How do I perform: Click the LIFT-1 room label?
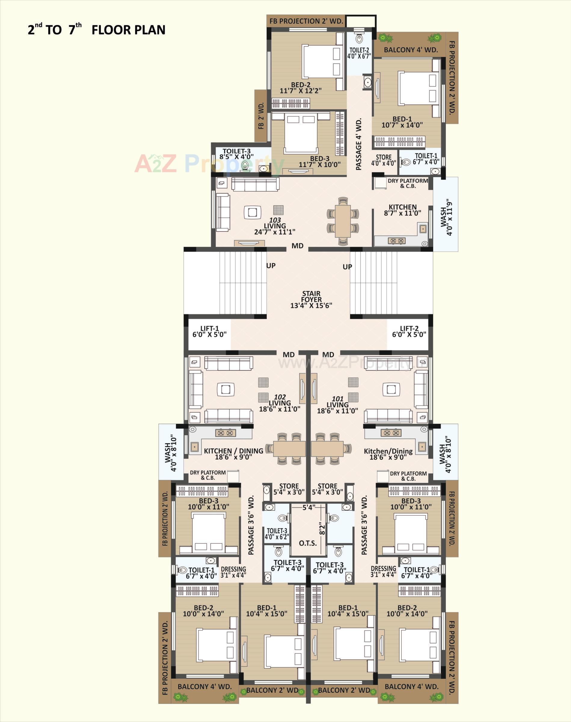coord(210,332)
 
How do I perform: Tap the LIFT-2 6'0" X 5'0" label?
coord(409,332)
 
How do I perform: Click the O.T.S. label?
coord(308,543)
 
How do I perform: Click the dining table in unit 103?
coord(343,221)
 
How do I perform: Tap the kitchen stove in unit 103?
coord(397,240)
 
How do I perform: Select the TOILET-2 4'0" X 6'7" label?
coord(359,53)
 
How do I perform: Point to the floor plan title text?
coord(97,30)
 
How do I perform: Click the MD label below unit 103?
coord(297,246)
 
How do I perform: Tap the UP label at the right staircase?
coord(347,267)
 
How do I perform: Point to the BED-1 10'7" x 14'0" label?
coord(402,122)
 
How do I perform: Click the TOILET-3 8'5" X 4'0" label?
coord(236,154)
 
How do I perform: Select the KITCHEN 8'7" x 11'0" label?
coord(403,210)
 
